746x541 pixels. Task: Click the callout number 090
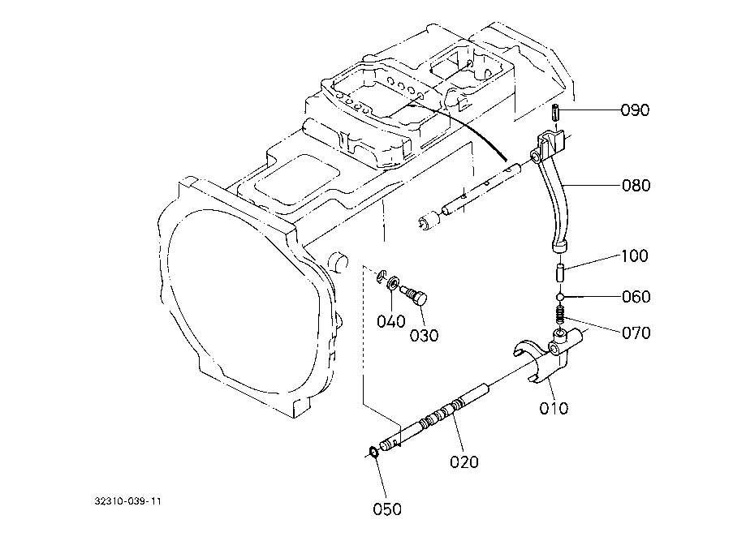[x=635, y=110]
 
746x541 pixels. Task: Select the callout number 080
[x=636, y=185]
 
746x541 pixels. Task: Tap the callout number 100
[x=635, y=256]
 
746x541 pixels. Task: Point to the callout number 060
[x=636, y=297]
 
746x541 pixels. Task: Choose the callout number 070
[x=636, y=333]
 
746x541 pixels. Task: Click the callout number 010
[x=554, y=408]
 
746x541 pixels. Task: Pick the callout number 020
[x=464, y=462]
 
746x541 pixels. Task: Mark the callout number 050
[x=387, y=509]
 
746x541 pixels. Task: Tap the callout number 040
[x=391, y=321]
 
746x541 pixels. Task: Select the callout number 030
[x=424, y=336]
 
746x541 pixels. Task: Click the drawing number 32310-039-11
[x=128, y=501]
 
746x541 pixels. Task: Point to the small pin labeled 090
[x=554, y=114]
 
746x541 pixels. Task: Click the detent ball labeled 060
[x=561, y=297]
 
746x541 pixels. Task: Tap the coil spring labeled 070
[x=560, y=314]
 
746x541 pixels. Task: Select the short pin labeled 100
[x=560, y=274]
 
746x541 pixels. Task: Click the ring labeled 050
[x=374, y=452]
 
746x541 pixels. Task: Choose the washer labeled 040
[x=394, y=283]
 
